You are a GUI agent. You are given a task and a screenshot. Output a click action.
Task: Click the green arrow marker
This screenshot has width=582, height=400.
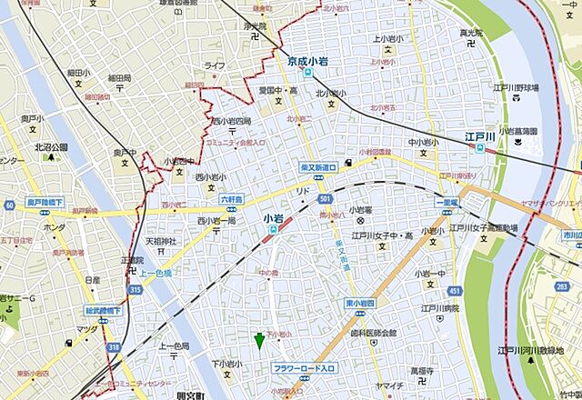[259, 341]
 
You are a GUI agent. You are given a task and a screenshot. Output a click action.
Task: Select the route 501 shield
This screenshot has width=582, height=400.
[325, 199]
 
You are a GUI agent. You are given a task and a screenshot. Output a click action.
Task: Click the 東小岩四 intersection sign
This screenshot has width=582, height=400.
[360, 303]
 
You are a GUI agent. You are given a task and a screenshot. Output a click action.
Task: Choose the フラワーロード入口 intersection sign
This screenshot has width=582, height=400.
[305, 368]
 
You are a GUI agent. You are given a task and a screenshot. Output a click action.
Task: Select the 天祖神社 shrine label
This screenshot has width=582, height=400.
[166, 242]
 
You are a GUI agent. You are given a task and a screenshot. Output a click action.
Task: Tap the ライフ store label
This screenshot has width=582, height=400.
[214, 65]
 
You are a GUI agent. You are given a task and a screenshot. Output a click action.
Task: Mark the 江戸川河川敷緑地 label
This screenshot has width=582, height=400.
[536, 349]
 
